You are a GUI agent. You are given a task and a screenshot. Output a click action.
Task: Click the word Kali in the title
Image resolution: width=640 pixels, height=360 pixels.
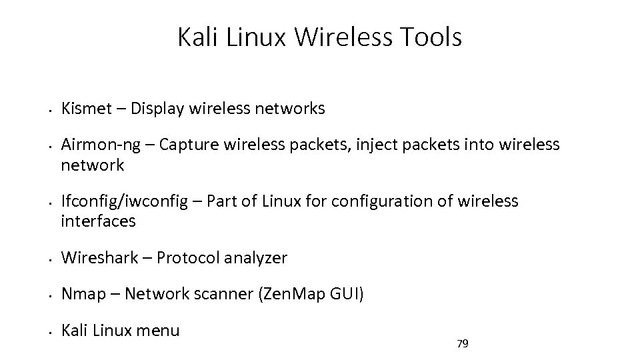(198, 38)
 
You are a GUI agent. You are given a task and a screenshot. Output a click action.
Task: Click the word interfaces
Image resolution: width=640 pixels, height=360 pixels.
(98, 221)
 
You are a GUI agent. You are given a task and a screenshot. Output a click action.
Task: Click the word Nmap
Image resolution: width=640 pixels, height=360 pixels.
(83, 294)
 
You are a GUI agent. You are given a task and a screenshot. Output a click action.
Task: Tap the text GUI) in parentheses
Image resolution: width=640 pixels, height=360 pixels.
(346, 294)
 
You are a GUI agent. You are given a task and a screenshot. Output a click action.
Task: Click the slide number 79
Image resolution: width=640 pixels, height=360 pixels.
(462, 344)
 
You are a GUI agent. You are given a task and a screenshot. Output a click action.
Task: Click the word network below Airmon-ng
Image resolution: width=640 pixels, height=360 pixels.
(93, 165)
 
